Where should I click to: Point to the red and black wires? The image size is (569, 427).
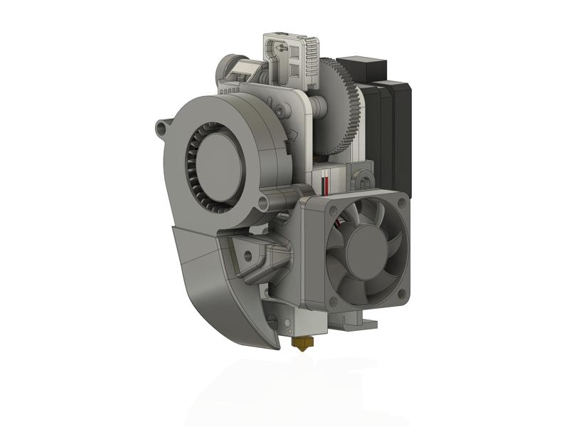(x=326, y=181)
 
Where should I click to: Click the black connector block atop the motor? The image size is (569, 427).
(x=361, y=68)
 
